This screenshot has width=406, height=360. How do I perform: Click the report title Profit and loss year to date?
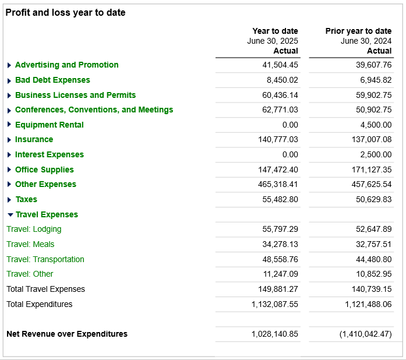click(x=65, y=12)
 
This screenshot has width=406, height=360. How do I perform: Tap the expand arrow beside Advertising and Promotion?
click(x=9, y=65)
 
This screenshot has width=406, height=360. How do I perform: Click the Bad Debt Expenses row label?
click(x=52, y=80)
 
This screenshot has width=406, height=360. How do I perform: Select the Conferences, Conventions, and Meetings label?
click(x=94, y=110)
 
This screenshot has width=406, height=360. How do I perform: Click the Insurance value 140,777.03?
click(x=278, y=139)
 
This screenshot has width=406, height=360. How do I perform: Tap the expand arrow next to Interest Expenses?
click(x=9, y=155)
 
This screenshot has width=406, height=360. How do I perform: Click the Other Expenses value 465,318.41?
click(x=278, y=184)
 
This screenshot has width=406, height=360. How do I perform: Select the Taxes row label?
click(x=26, y=199)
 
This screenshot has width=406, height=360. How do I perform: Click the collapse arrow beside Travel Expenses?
click(x=10, y=215)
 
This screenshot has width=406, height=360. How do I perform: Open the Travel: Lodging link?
click(x=34, y=230)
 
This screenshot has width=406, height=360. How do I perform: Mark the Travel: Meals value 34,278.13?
click(x=280, y=244)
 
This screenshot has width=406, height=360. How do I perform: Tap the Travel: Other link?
click(x=30, y=274)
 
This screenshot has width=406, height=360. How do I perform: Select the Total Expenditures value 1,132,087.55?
click(x=276, y=304)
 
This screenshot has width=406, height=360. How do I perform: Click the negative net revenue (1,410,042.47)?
click(x=365, y=334)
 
